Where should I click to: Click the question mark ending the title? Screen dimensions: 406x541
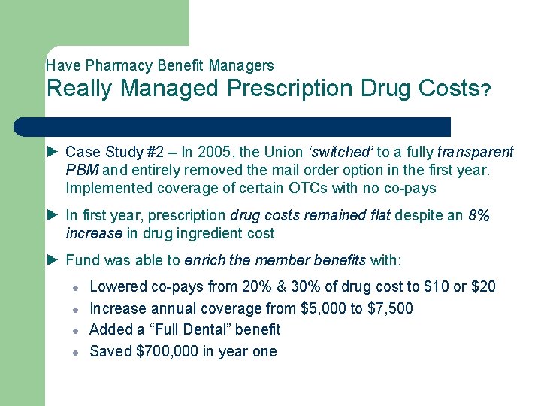[486, 91]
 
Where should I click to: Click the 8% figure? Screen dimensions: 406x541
[479, 216]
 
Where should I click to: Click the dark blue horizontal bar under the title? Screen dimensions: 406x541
[248, 126]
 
